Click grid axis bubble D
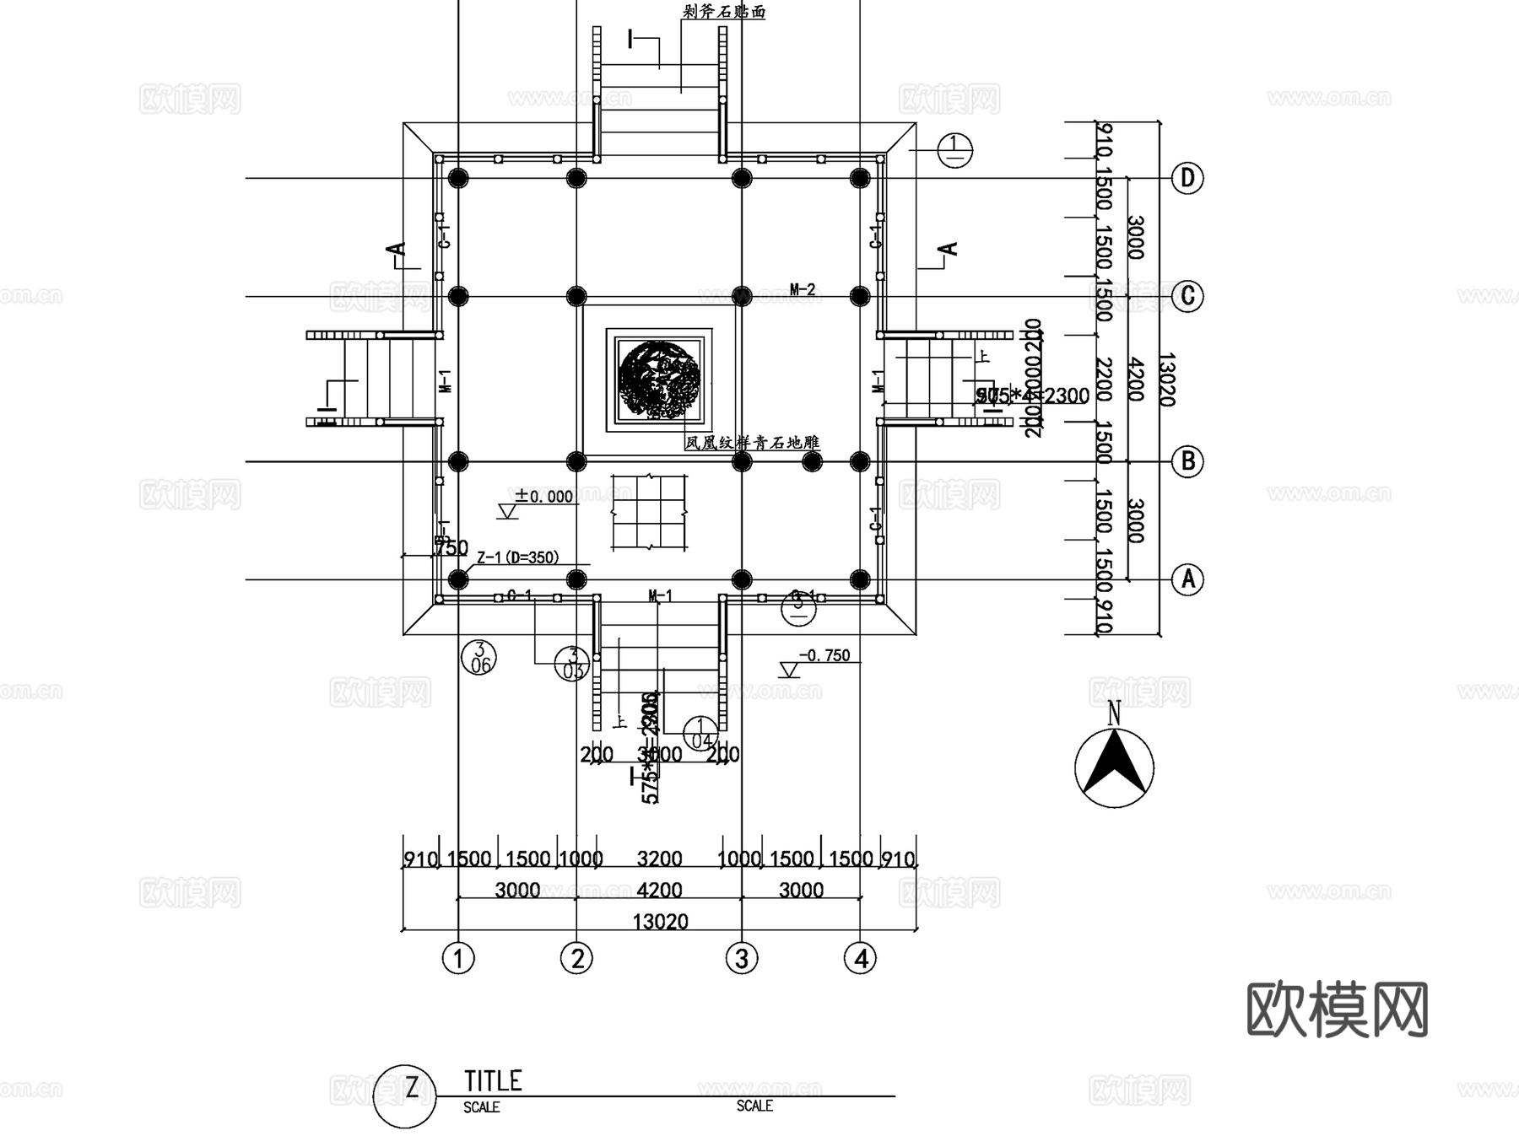click(x=1187, y=178)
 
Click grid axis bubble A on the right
click(x=1187, y=579)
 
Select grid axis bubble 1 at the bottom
click(x=458, y=958)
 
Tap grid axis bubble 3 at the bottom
click(x=742, y=958)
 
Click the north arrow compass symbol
click(x=1114, y=766)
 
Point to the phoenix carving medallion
click(x=658, y=380)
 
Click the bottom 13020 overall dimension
click(x=660, y=921)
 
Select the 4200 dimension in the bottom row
click(x=659, y=890)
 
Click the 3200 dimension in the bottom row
click(x=659, y=859)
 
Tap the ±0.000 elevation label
click(x=544, y=497)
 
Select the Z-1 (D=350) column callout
click(x=517, y=557)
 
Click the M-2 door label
click(x=803, y=289)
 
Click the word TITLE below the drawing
click(x=494, y=1081)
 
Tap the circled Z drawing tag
click(x=405, y=1095)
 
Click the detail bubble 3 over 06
click(x=479, y=658)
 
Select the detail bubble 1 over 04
click(x=700, y=734)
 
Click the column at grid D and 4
click(x=860, y=178)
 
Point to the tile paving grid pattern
click(x=647, y=513)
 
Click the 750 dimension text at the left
click(x=451, y=548)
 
